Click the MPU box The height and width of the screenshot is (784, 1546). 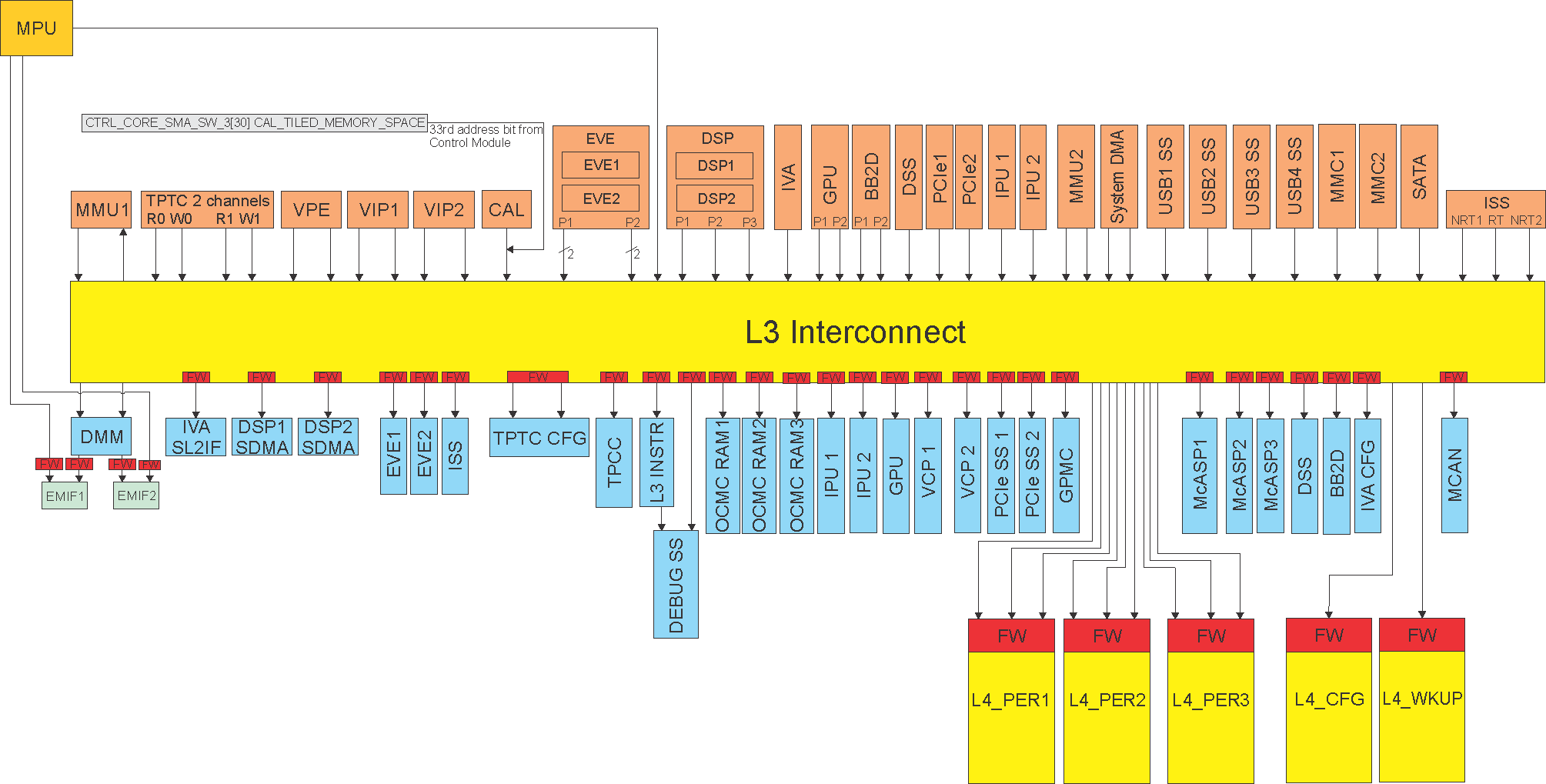coord(36,28)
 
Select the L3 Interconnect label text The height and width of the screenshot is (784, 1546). coord(854,332)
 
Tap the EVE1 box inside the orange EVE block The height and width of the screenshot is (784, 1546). coord(600,165)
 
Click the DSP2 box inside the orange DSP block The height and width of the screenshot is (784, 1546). coord(715,199)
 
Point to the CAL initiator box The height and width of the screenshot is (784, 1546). coord(506,210)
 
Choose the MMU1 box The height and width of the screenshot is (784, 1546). coord(101,210)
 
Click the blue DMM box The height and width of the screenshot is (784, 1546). coord(101,437)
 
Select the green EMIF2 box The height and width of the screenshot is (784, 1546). coord(136,495)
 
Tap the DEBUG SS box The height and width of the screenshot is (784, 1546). coord(676,585)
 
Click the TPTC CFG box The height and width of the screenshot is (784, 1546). coord(539,438)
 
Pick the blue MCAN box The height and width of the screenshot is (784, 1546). coord(1454,475)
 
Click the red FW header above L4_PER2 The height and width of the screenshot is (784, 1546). coord(1107,636)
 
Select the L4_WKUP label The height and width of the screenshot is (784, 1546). coord(1421,699)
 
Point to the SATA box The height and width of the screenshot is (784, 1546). coord(1419,177)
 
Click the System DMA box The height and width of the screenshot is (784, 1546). coord(1118,177)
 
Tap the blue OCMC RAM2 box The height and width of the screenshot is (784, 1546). coord(759,475)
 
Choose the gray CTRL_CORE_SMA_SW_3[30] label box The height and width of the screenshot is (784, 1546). coord(255,122)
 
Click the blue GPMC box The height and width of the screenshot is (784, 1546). coord(1065,475)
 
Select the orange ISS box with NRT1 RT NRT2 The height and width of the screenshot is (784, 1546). coord(1495,209)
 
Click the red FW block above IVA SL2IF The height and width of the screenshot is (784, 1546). coord(196,377)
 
